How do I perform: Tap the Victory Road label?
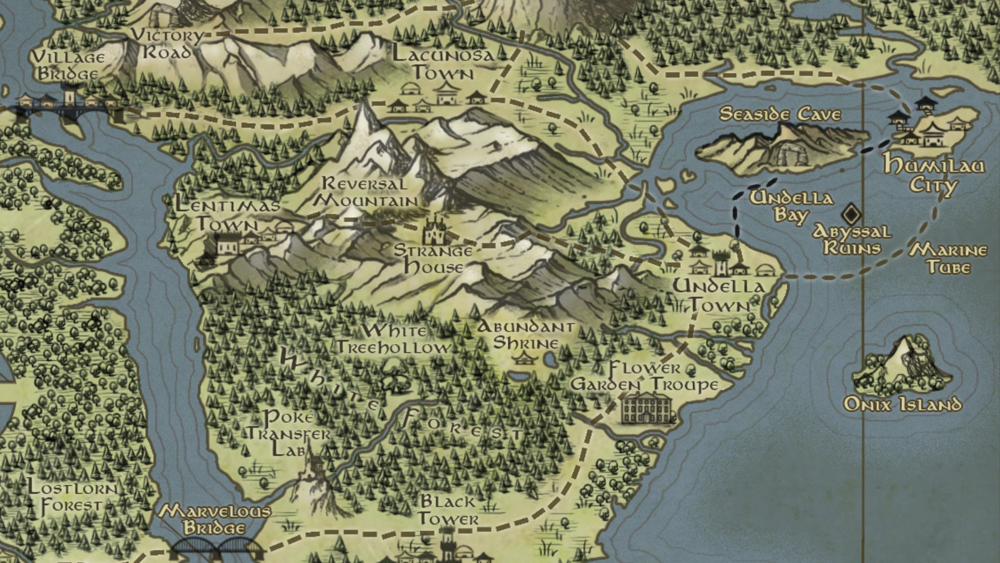pyautogui.click(x=167, y=44)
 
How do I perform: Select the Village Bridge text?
pyautogui.click(x=68, y=65)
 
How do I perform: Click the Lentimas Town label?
pyautogui.click(x=228, y=214)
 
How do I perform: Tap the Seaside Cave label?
pyautogui.click(x=780, y=114)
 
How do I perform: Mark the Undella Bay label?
pyautogui.click(x=791, y=206)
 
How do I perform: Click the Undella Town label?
pyautogui.click(x=719, y=296)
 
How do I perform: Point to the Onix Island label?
pyautogui.click(x=902, y=404)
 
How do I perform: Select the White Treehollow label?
pyautogui.click(x=394, y=339)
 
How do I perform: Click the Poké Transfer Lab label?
pyautogui.click(x=289, y=433)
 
